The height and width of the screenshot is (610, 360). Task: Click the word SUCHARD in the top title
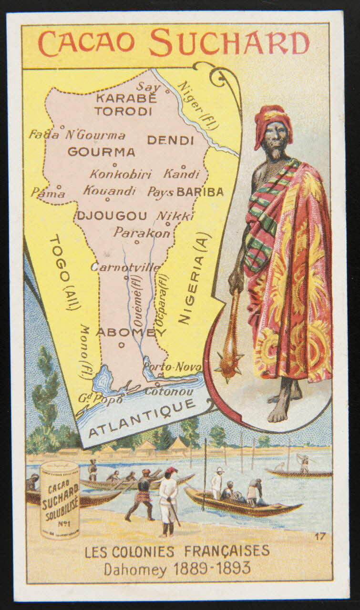tap(229, 43)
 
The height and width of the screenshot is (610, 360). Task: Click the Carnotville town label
tap(125, 267)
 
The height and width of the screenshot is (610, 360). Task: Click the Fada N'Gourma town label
tap(77, 135)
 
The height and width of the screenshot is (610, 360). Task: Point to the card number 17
tap(320, 536)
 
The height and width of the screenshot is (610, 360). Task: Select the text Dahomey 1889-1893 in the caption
tap(177, 569)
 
